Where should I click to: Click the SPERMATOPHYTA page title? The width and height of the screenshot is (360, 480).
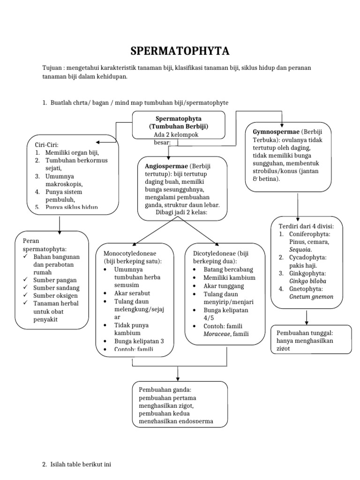(180, 51)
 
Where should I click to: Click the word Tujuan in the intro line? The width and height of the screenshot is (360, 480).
(52, 68)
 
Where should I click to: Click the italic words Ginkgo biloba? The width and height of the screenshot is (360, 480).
(307, 281)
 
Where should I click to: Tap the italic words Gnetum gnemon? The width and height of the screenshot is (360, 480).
(311, 296)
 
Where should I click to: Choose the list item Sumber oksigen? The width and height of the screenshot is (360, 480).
(55, 295)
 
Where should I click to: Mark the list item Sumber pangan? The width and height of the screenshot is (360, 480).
(54, 280)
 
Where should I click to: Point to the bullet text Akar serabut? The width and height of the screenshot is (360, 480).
(132, 293)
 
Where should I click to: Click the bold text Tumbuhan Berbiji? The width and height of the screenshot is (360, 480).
(179, 127)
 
